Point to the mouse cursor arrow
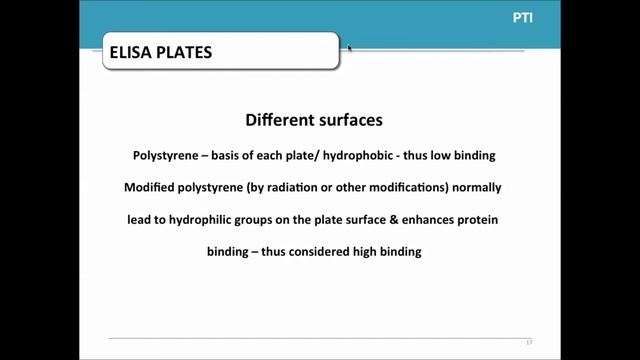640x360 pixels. pyautogui.click(x=349, y=47)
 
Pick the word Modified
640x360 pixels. pyautogui.click(x=153, y=188)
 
